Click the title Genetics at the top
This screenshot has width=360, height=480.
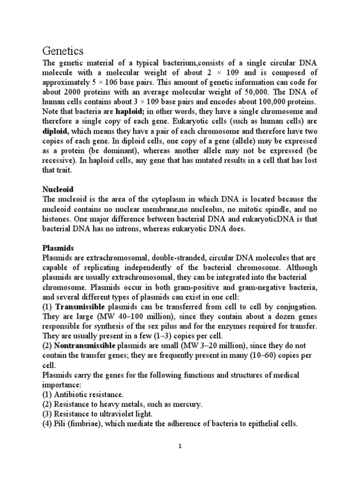63,50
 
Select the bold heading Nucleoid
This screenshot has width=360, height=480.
58,189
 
